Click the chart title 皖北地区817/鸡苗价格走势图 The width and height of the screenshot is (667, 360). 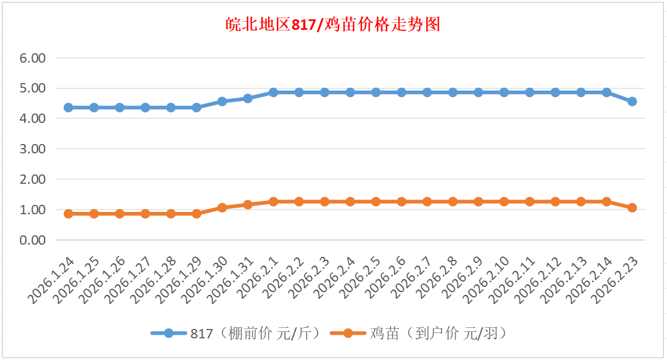tap(333, 25)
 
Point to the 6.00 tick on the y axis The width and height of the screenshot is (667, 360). tap(32, 58)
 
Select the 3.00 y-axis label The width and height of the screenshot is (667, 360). tap(32, 149)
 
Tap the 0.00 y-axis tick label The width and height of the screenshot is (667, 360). tap(32, 240)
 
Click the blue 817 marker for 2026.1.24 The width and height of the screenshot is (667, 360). tap(68, 108)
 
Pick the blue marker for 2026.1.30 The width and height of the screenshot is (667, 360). tap(222, 101)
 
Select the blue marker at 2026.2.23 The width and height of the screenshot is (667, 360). tap(632, 101)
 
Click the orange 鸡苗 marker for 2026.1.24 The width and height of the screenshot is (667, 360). tap(68, 214)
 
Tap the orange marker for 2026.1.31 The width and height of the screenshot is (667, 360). tap(248, 205)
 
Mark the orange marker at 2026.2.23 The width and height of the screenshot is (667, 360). tap(632, 208)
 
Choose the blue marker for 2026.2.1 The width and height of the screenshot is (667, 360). tap(273, 92)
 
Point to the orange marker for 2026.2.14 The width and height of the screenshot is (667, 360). tap(607, 201)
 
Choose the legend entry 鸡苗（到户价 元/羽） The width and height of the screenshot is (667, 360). tap(436, 334)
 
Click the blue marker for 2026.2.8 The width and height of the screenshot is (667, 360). tap(453, 92)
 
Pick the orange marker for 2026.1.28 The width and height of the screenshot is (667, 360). tap(171, 214)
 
